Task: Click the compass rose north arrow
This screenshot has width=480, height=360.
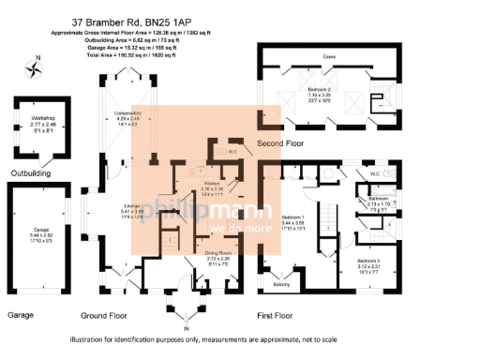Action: tap(37, 67)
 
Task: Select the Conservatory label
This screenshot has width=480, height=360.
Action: tap(127, 113)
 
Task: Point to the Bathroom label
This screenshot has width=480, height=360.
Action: tap(378, 199)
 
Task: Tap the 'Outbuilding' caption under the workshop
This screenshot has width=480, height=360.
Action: tap(31, 172)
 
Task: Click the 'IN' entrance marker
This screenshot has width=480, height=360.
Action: tap(186, 328)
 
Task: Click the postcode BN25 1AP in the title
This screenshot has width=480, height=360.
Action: tap(221, 18)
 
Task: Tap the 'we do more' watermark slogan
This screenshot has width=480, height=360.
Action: tap(239, 228)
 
